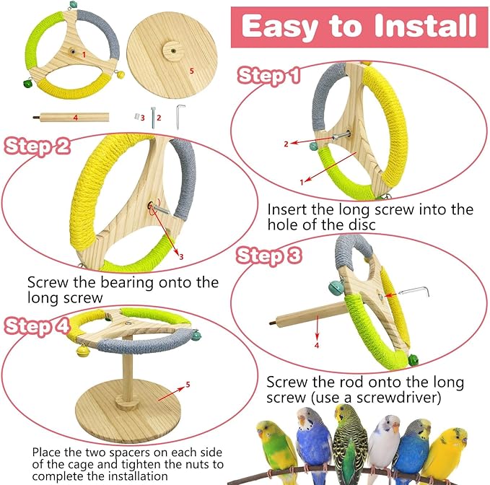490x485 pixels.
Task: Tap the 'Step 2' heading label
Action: (x=38, y=146)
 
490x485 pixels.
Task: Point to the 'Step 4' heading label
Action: (x=38, y=325)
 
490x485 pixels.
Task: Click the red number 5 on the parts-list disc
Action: (x=192, y=71)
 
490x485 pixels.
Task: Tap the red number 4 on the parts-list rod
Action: (x=75, y=116)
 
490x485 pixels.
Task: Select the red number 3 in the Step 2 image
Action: (x=180, y=256)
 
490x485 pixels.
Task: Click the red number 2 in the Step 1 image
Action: (x=286, y=144)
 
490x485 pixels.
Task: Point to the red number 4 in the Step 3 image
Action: (x=315, y=344)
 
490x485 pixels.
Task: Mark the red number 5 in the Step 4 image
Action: (x=188, y=385)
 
